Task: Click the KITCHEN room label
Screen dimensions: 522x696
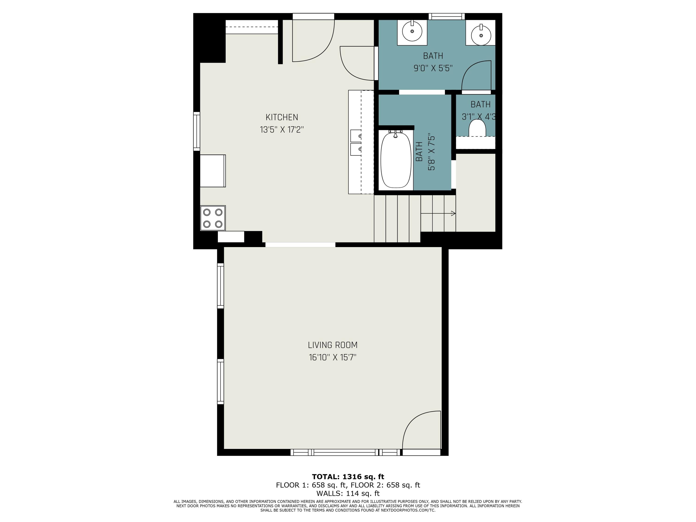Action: (x=282, y=117)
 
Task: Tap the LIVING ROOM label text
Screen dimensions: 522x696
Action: (x=333, y=345)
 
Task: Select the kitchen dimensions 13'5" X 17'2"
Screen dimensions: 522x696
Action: (x=282, y=130)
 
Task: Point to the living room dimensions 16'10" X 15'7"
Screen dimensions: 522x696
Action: (x=333, y=358)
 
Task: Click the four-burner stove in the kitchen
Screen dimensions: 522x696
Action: (x=213, y=218)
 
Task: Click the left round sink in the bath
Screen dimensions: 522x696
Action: (x=412, y=32)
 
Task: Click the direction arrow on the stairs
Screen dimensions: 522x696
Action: (x=453, y=214)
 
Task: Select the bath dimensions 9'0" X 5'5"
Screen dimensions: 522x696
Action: (x=433, y=68)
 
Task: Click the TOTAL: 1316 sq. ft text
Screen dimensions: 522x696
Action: (x=348, y=477)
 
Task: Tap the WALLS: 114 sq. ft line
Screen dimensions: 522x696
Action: (x=348, y=493)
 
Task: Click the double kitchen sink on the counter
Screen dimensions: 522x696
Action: (x=356, y=142)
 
